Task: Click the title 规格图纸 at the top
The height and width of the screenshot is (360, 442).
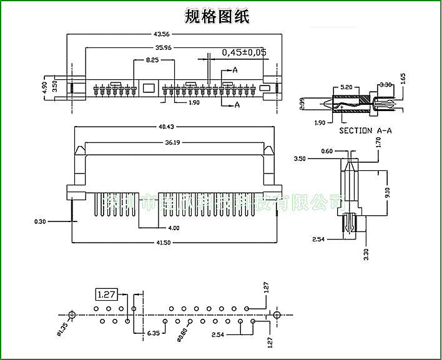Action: click(217, 17)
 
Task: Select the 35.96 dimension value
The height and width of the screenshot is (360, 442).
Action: click(164, 47)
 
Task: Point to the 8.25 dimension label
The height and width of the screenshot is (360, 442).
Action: click(152, 60)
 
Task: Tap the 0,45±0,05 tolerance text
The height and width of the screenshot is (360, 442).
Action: click(244, 52)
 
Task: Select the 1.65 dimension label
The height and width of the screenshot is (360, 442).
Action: click(403, 78)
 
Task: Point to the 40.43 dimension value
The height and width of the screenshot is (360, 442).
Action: click(166, 127)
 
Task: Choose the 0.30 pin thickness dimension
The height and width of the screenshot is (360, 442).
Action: click(39, 221)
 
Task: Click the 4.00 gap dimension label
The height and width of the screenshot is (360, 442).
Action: click(174, 228)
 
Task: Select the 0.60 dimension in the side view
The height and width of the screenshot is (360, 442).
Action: click(326, 151)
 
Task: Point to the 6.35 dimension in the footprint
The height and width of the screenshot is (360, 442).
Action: click(154, 334)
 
